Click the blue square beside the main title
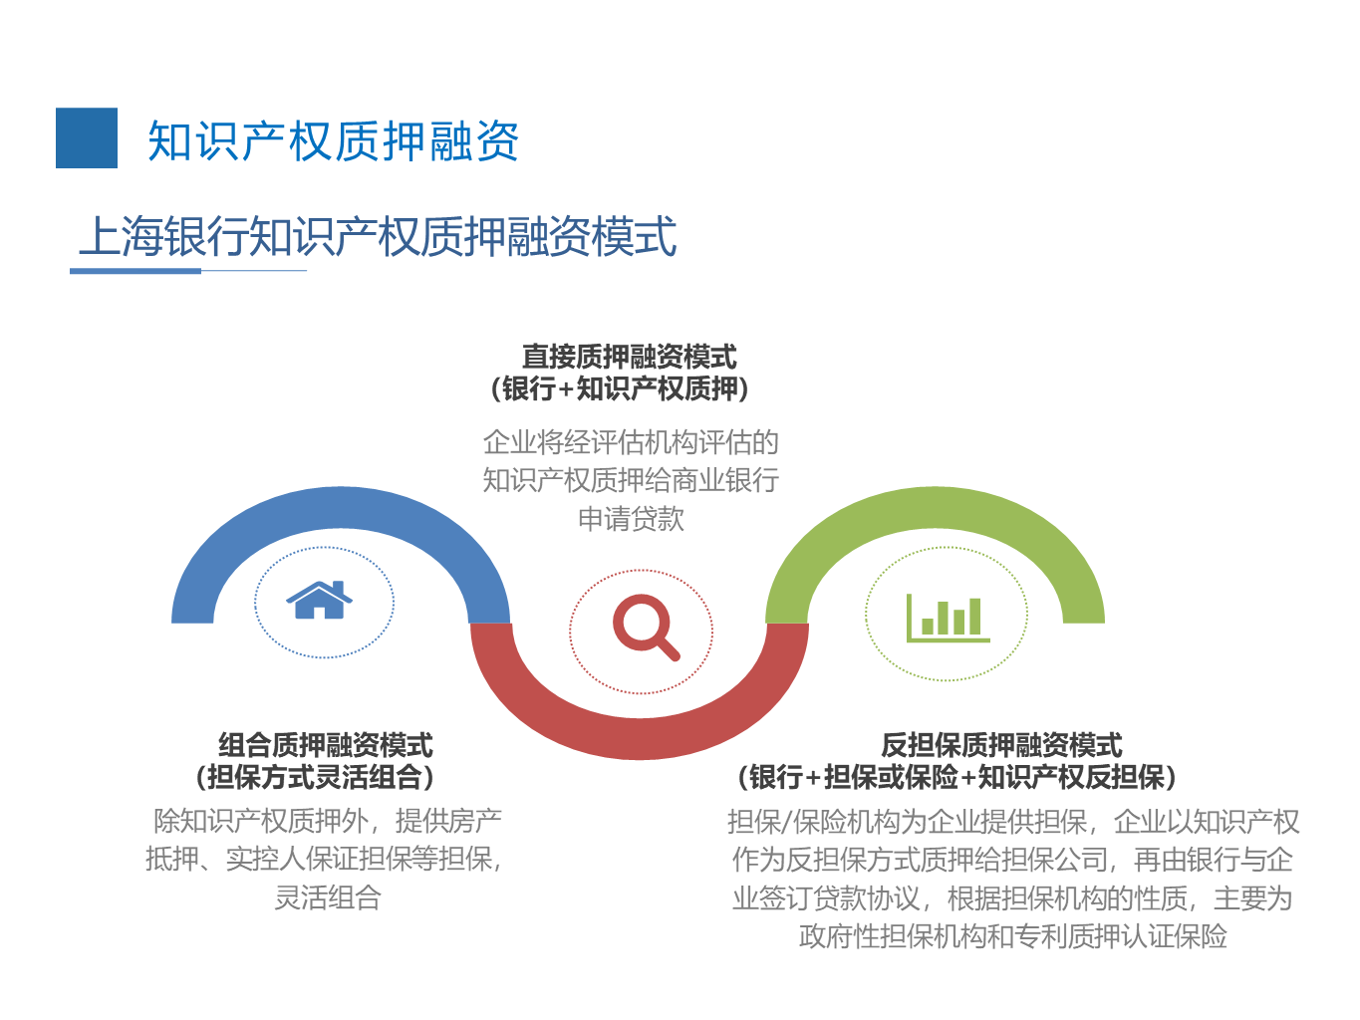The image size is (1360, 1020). pyautogui.click(x=86, y=137)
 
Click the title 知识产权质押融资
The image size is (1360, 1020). pyautogui.click(x=334, y=141)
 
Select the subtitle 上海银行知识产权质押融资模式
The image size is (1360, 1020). pyautogui.click(x=378, y=236)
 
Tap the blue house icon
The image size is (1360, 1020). pyautogui.click(x=319, y=600)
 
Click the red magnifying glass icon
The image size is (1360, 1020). pyautogui.click(x=646, y=628)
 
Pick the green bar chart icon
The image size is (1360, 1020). pyautogui.click(x=948, y=618)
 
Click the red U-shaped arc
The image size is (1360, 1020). pyautogui.click(x=640, y=738)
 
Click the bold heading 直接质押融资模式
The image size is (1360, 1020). pyautogui.click(x=630, y=357)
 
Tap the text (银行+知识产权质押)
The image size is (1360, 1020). pyautogui.click(x=620, y=388)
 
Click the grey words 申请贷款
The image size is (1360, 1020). pyautogui.click(x=631, y=519)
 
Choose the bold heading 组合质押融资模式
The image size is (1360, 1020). pyautogui.click(x=325, y=745)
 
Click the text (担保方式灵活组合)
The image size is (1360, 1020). pyautogui.click(x=315, y=777)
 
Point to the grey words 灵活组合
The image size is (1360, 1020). pyautogui.click(x=327, y=897)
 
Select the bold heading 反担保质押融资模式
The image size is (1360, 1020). pyautogui.click(x=1001, y=745)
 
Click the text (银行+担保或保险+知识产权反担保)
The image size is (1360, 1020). pyautogui.click(x=956, y=777)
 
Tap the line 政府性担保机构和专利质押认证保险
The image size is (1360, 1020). pyautogui.click(x=1012, y=935)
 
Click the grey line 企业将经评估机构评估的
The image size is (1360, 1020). pyautogui.click(x=631, y=442)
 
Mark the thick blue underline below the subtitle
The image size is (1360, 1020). pyautogui.click(x=136, y=271)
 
